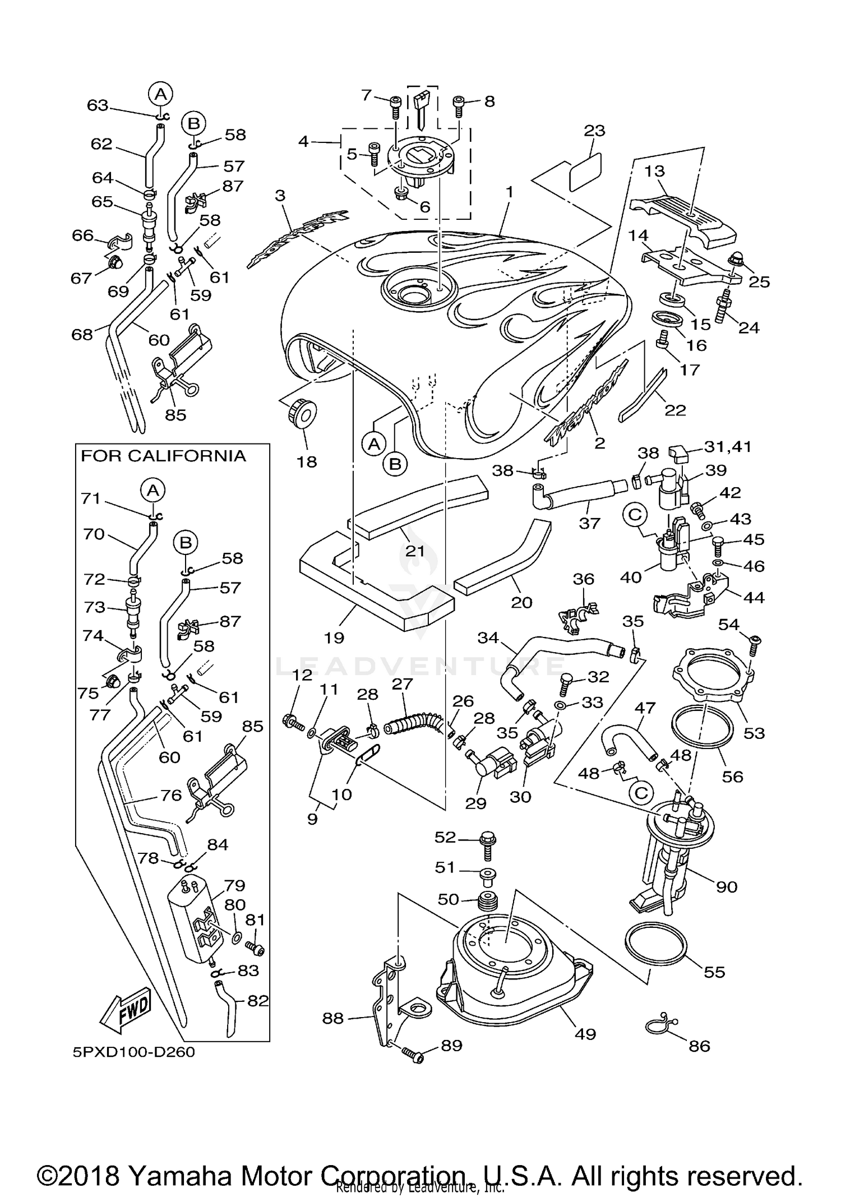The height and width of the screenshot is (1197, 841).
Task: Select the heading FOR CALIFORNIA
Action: click(163, 456)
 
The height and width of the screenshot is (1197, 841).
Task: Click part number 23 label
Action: click(595, 131)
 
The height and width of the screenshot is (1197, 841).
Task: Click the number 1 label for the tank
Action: click(509, 192)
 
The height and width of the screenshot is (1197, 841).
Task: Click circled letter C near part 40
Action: click(635, 515)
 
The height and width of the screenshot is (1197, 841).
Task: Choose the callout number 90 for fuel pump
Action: click(727, 886)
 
